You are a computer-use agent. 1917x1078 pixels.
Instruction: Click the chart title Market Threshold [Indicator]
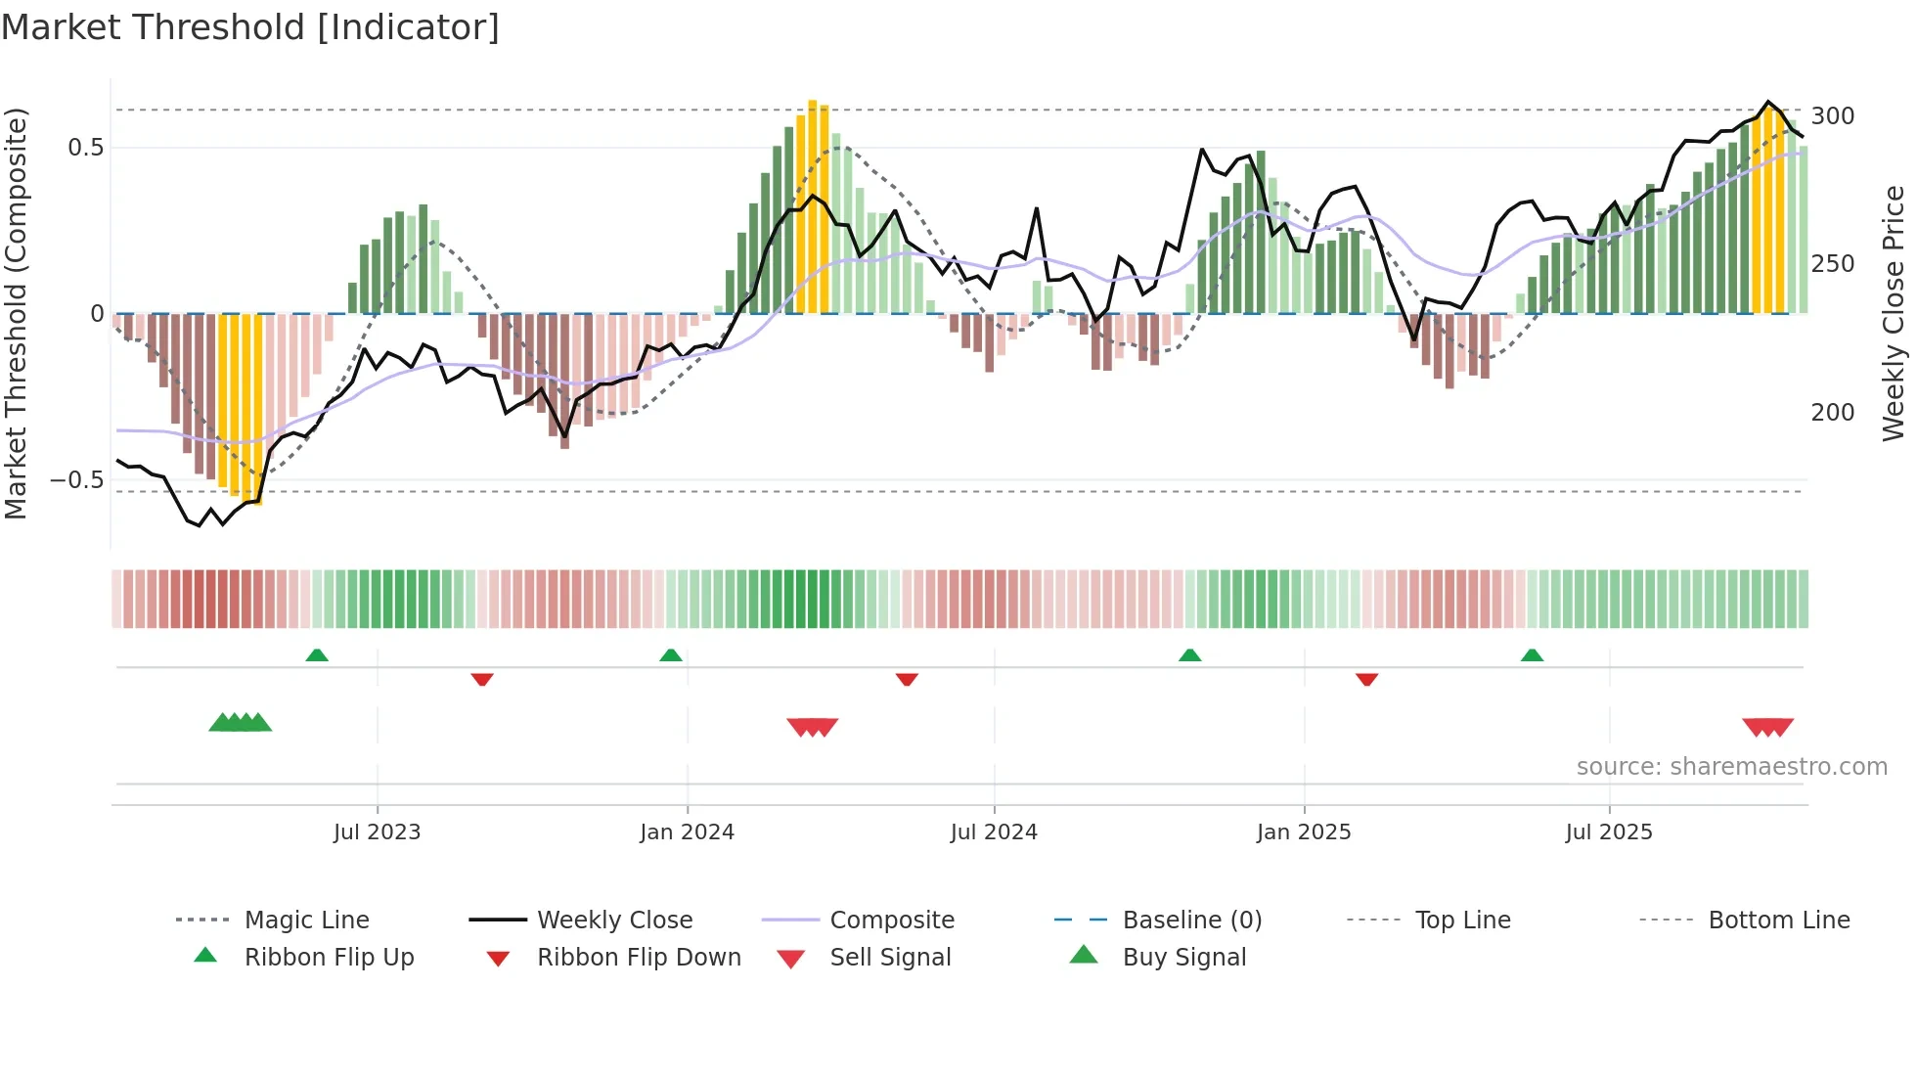250,27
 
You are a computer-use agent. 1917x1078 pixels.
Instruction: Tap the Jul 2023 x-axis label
377,832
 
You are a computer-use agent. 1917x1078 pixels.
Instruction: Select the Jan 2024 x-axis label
687,832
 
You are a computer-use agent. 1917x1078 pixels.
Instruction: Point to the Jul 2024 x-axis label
994,832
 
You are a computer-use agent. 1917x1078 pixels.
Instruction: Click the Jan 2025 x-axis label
1304,832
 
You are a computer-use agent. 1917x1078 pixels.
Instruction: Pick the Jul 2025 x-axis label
1609,832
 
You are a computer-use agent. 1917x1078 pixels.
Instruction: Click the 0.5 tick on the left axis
85,148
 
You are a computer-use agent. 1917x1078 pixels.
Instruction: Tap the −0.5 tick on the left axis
76,480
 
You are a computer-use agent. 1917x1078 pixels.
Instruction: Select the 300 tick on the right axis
1832,116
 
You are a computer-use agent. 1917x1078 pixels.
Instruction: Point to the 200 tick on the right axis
1832,413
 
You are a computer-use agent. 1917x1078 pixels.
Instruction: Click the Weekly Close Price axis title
1894,313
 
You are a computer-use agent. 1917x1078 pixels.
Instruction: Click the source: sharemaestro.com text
1731,767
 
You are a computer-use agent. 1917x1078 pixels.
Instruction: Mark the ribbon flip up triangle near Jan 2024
671,655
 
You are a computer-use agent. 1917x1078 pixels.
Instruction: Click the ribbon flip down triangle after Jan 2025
1366,679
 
